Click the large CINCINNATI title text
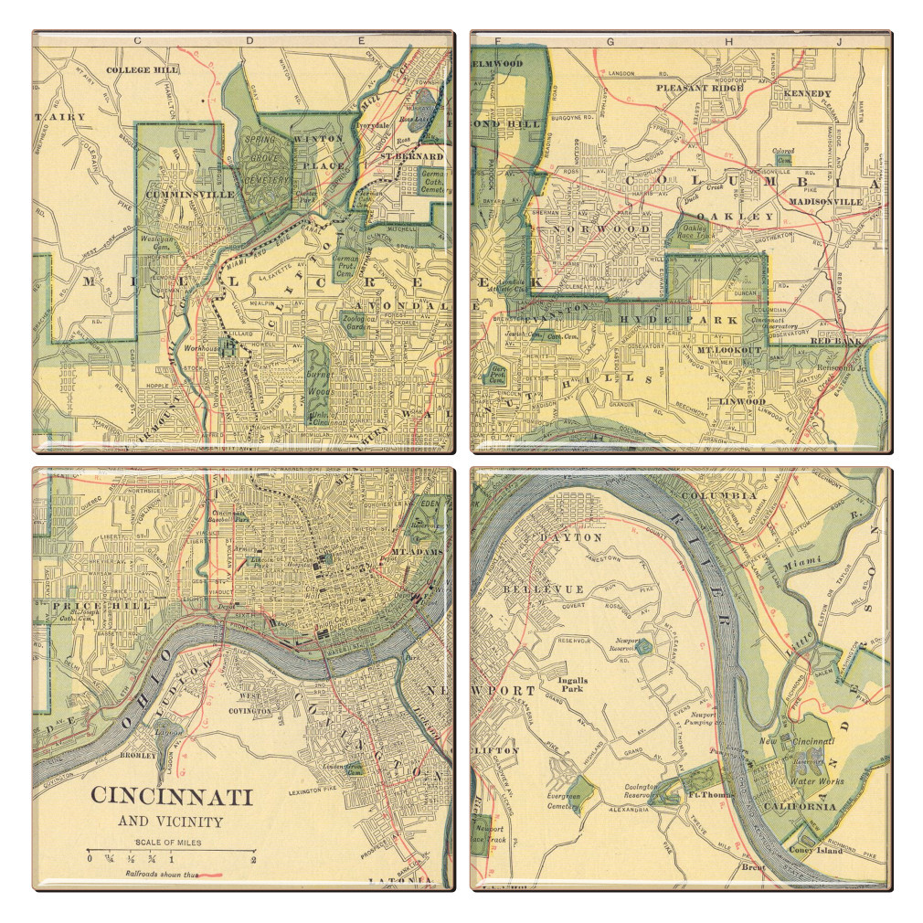point(171,797)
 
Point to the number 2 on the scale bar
point(254,859)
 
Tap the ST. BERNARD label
point(412,156)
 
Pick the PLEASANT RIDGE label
point(700,88)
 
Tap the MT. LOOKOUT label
point(729,350)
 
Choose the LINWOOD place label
point(742,401)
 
